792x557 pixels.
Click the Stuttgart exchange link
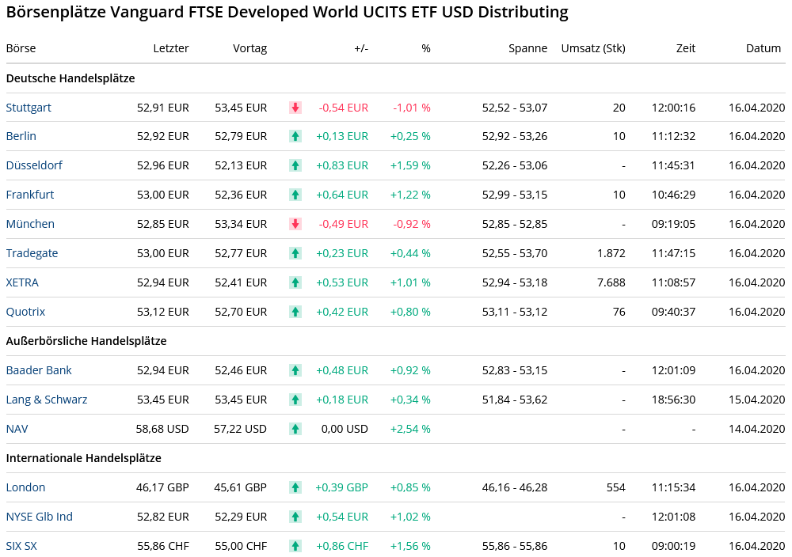pos(29,108)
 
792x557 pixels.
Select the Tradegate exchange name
pos(32,253)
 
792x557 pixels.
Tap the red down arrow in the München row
pos(295,224)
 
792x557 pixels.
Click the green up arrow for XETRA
pos(295,282)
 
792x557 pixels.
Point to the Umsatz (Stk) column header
pos(592,48)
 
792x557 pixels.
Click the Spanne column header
pos(527,48)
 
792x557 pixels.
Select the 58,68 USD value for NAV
pos(162,429)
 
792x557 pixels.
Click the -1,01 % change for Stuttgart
pos(412,108)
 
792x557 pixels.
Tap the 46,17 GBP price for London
pos(162,487)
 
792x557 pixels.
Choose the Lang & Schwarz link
pos(47,400)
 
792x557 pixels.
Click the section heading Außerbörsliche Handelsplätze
pos(86,341)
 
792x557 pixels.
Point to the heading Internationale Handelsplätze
pos(84,458)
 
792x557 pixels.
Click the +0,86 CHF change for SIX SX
pos(341,546)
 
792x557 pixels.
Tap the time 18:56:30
pos(673,400)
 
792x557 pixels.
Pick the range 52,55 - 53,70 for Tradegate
pos(515,253)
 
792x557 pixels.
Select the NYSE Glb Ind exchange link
pos(40,517)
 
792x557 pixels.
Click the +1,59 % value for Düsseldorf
pos(410,165)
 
